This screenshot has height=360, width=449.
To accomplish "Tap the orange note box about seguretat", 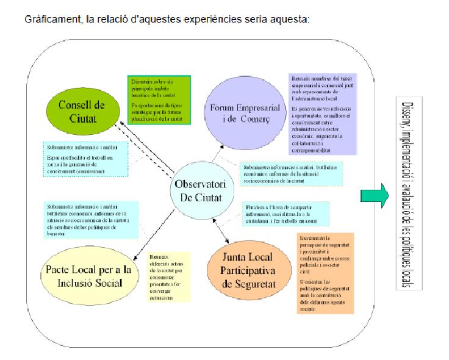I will coord(326,273).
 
